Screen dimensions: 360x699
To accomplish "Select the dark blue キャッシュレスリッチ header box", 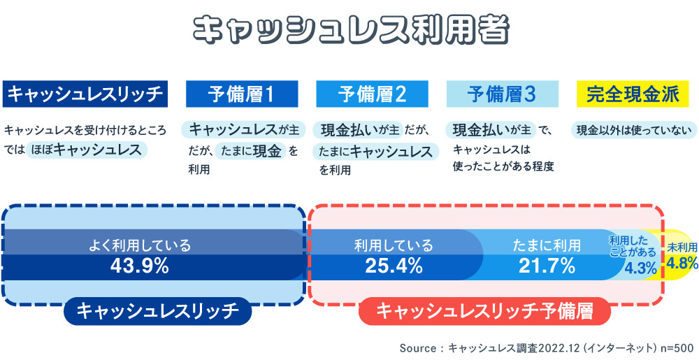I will click(x=85, y=94).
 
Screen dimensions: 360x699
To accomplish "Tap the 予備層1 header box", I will click(x=242, y=94).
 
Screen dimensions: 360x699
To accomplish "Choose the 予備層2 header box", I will click(x=372, y=94).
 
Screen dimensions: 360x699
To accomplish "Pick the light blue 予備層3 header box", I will click(x=502, y=94).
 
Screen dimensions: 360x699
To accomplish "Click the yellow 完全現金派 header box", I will click(x=633, y=94).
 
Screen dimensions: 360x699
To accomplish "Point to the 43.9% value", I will click(x=140, y=266).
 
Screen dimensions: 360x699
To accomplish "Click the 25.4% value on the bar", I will click(x=394, y=266).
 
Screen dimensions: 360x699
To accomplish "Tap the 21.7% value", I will click(x=547, y=266).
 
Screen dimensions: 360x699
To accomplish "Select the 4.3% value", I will click(x=640, y=268).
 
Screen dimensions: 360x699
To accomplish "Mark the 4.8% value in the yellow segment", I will click(x=682, y=264).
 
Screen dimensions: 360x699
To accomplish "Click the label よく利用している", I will click(x=140, y=245).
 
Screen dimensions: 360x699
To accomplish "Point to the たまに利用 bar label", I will click(x=547, y=245).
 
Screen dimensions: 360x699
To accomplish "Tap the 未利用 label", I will click(x=682, y=247).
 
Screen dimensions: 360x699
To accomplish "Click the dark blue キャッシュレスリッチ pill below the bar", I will click(x=157, y=310).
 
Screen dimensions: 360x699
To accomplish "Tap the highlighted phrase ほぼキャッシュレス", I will click(x=87, y=150).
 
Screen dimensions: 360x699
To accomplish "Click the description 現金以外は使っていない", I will click(x=633, y=130).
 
